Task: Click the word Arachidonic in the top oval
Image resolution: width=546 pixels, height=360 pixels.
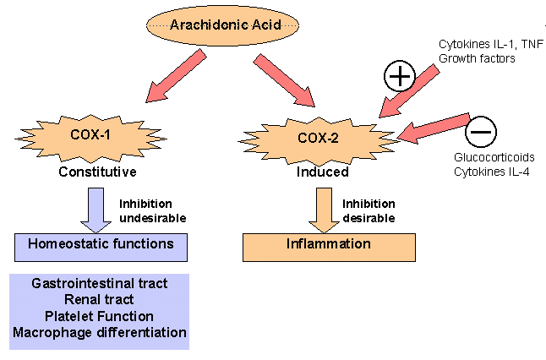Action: pos(207,25)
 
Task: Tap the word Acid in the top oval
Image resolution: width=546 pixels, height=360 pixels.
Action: pos(262,25)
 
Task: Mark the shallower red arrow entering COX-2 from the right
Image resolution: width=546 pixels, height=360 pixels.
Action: pos(434,127)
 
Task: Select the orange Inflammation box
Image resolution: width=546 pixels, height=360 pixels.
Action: pos(329,245)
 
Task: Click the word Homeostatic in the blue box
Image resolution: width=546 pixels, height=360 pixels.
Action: pos(70,244)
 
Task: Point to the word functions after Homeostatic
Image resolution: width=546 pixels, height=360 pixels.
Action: pos(145,244)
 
